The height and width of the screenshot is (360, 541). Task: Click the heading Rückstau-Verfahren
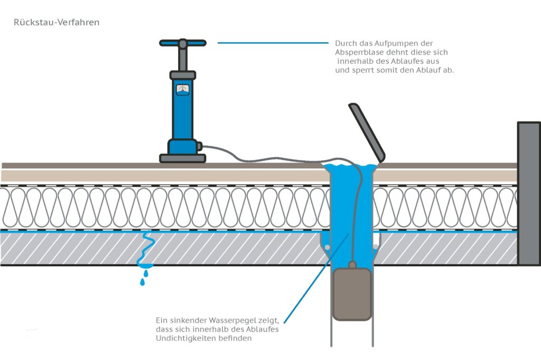57,23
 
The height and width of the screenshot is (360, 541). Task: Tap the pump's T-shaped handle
182,43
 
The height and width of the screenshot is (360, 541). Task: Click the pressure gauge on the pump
182,89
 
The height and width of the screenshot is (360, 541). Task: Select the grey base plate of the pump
182,158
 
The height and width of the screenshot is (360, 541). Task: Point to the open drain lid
366,131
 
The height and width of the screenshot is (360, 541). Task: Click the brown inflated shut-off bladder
352,293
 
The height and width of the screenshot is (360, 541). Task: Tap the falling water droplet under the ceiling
142,282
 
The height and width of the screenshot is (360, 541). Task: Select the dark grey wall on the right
528,193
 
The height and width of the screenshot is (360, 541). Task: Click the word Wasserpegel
239,320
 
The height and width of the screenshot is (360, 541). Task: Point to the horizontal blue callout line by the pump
272,43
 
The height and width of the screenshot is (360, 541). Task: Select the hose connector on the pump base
200,145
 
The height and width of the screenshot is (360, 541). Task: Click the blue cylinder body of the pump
182,116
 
